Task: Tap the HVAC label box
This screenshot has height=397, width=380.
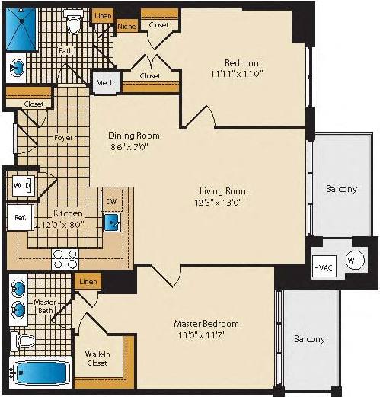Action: coord(322,267)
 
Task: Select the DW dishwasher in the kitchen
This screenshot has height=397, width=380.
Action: coord(111,202)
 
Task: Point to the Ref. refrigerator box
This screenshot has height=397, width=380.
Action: coord(20,217)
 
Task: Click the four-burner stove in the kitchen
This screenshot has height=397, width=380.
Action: coord(65,258)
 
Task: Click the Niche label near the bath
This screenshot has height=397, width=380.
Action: coord(126,26)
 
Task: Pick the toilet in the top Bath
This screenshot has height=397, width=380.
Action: coord(74,25)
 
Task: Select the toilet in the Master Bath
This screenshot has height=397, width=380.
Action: coord(25,341)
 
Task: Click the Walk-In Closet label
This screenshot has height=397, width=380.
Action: coord(97,357)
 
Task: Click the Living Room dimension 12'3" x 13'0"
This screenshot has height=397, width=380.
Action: coord(224,202)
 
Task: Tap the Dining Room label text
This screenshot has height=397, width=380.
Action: coord(132,135)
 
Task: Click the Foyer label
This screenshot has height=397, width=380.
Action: coord(63,139)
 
